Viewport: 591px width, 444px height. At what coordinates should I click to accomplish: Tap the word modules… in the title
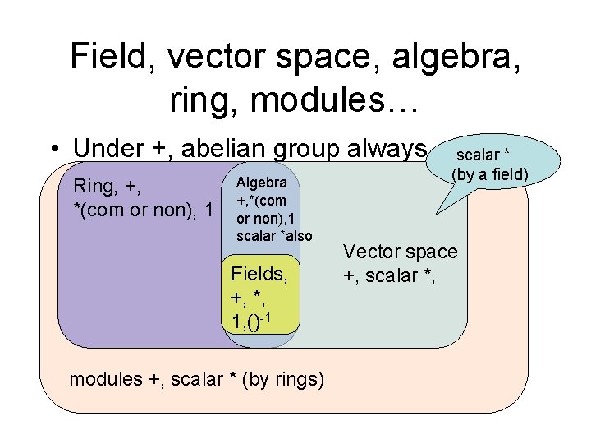(x=336, y=99)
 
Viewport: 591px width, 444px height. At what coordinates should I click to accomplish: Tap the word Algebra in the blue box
(x=261, y=183)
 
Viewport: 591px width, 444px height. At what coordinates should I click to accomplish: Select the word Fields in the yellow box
(x=259, y=273)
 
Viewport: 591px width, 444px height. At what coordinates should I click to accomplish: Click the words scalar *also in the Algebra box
(x=274, y=236)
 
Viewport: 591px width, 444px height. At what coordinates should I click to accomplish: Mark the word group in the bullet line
(x=307, y=150)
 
